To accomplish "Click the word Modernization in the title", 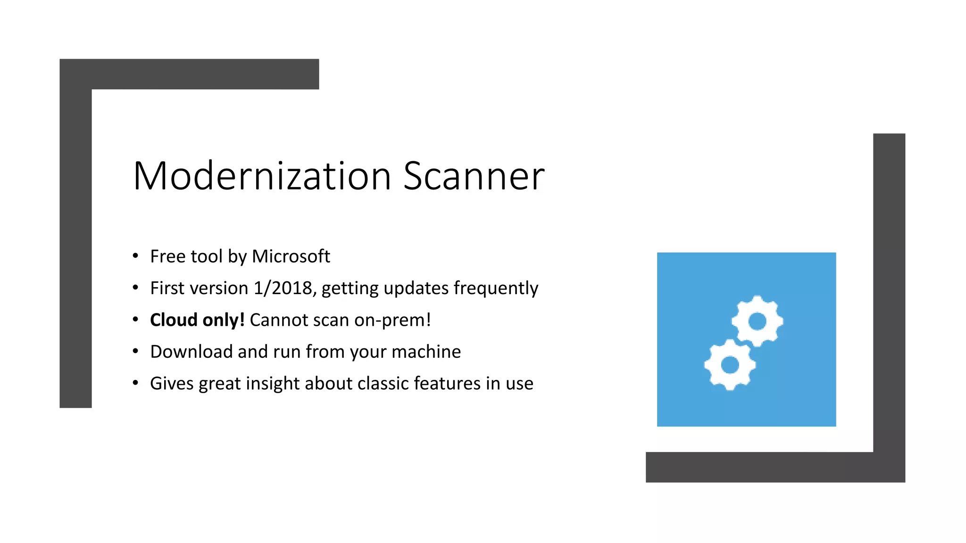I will (x=262, y=176).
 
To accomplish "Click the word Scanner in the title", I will (x=474, y=176).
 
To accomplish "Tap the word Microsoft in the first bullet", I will (x=291, y=256).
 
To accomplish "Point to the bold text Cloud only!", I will (x=197, y=320).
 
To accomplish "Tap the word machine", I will (x=426, y=352).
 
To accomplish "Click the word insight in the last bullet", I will (x=273, y=384).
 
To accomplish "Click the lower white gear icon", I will (x=730, y=365).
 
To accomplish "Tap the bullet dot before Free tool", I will (x=136, y=256).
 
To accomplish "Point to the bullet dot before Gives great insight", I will (x=136, y=383).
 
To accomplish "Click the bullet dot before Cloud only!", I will (x=136, y=320).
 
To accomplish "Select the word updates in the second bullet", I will (x=416, y=288).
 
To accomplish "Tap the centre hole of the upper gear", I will (x=758, y=321).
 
